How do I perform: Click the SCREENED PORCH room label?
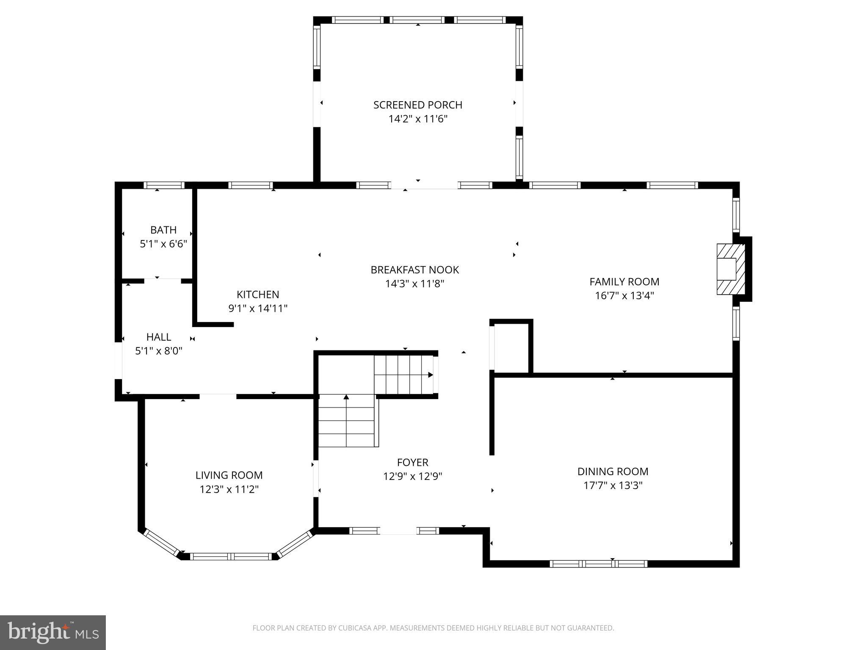click(417, 105)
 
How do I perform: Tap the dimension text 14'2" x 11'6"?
click(417, 119)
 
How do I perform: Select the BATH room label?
click(163, 230)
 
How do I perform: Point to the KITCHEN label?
click(257, 295)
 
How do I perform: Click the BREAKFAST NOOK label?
click(414, 270)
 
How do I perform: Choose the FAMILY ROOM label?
click(624, 281)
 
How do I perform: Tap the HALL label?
click(159, 337)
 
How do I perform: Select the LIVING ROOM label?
click(229, 475)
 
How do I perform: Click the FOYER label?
click(412, 463)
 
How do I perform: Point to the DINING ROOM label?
click(613, 471)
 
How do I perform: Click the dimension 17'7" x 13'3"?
click(613, 485)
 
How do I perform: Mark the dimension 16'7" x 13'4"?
click(624, 295)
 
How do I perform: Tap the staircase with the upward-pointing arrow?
click(346, 421)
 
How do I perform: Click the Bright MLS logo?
click(52, 632)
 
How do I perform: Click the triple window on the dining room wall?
click(598, 564)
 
